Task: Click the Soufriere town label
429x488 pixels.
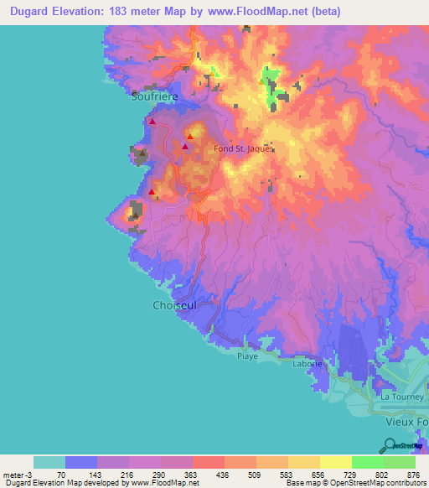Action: click(154, 96)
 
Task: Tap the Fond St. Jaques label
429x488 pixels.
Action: click(244, 149)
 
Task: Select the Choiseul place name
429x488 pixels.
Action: click(174, 305)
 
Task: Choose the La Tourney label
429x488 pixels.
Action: click(400, 395)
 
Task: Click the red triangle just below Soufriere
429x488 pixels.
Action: click(152, 122)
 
